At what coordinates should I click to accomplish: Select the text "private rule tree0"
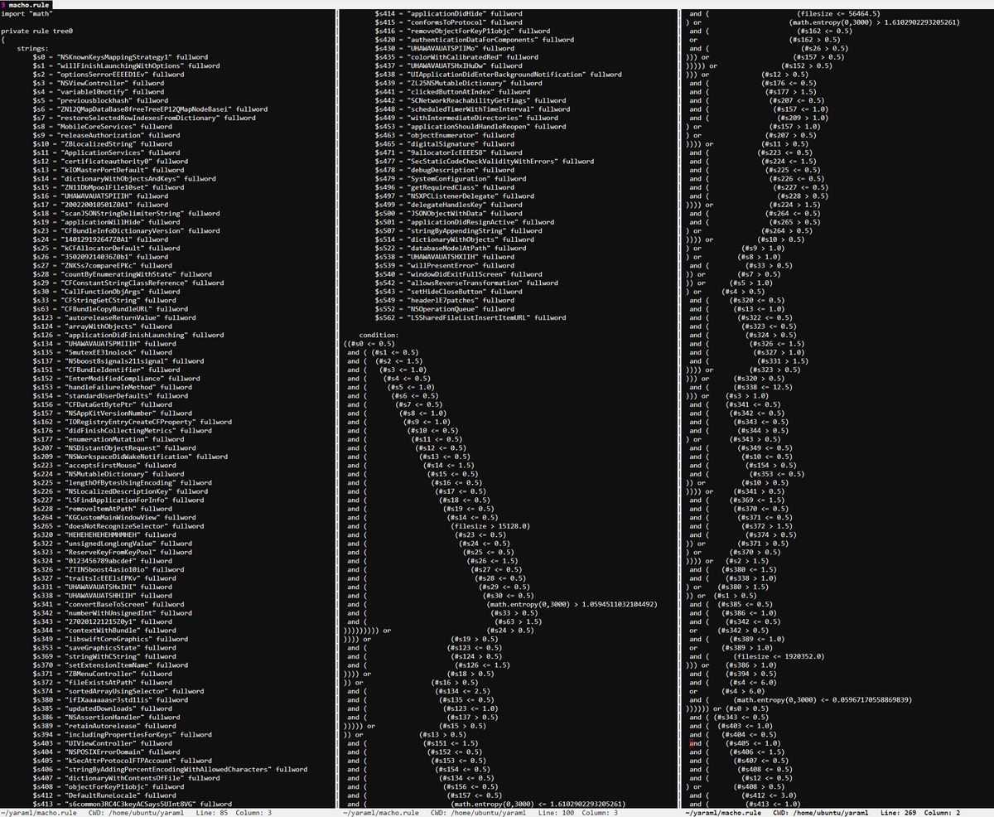coord(37,31)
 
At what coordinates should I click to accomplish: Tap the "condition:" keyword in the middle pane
coord(379,335)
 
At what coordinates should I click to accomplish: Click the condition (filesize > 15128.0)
coord(491,526)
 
